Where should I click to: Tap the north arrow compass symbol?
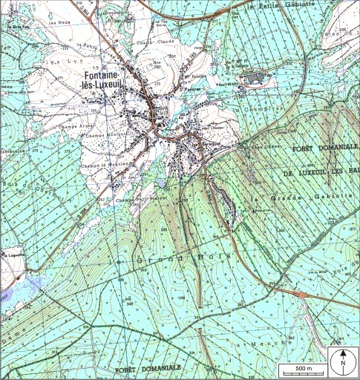click(342, 361)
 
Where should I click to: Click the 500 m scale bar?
click(303, 369)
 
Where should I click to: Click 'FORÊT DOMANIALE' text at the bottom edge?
click(148, 368)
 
